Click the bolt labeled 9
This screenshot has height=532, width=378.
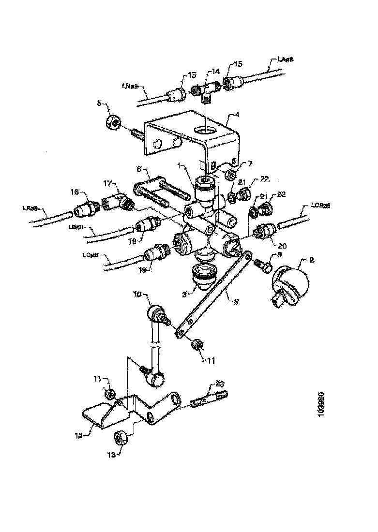coord(263,265)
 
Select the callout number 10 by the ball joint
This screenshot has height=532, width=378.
coord(137,294)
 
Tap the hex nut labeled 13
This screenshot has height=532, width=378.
coord(120,438)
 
